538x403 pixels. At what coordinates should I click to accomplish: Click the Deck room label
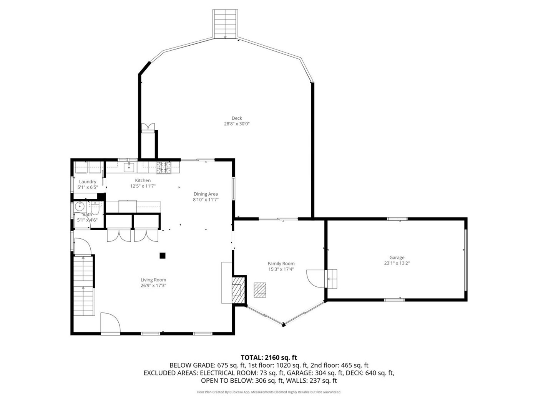pos(236,118)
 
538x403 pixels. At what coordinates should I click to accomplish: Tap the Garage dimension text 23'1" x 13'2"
pos(397,263)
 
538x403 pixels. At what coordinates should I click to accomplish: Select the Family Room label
pos(281,264)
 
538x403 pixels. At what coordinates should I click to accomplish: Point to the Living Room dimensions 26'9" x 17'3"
pos(153,285)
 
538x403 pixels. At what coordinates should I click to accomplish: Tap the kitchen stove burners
pos(164,168)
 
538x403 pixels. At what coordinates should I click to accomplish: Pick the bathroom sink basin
pos(80,207)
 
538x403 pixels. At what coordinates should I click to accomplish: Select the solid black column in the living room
pos(162,256)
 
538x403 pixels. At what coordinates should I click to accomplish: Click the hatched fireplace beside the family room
pos(238,290)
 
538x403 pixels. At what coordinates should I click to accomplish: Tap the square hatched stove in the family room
pos(259,290)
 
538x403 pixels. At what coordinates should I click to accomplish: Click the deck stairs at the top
pos(225,24)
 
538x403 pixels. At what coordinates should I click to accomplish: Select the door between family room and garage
pos(316,279)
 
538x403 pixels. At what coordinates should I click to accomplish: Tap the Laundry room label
pos(88,182)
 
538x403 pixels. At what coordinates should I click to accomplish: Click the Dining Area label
pos(205,194)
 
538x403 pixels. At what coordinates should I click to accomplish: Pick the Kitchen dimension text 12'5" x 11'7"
pos(143,186)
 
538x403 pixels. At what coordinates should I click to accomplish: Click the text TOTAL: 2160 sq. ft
pos(269,358)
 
